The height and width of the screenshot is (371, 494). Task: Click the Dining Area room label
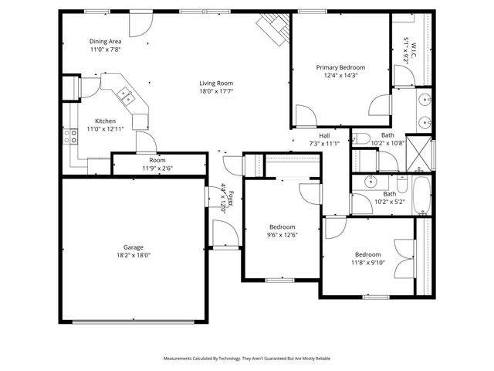(x=106, y=41)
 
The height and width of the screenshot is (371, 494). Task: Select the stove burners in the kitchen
(x=74, y=136)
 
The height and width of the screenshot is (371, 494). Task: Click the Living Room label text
(x=216, y=83)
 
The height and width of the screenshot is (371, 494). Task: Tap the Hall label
(x=324, y=135)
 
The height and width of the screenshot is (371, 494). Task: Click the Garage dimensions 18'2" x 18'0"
(x=133, y=255)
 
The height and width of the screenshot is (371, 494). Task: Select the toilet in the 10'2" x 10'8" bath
(x=362, y=139)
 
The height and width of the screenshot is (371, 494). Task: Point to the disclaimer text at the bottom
(x=246, y=359)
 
